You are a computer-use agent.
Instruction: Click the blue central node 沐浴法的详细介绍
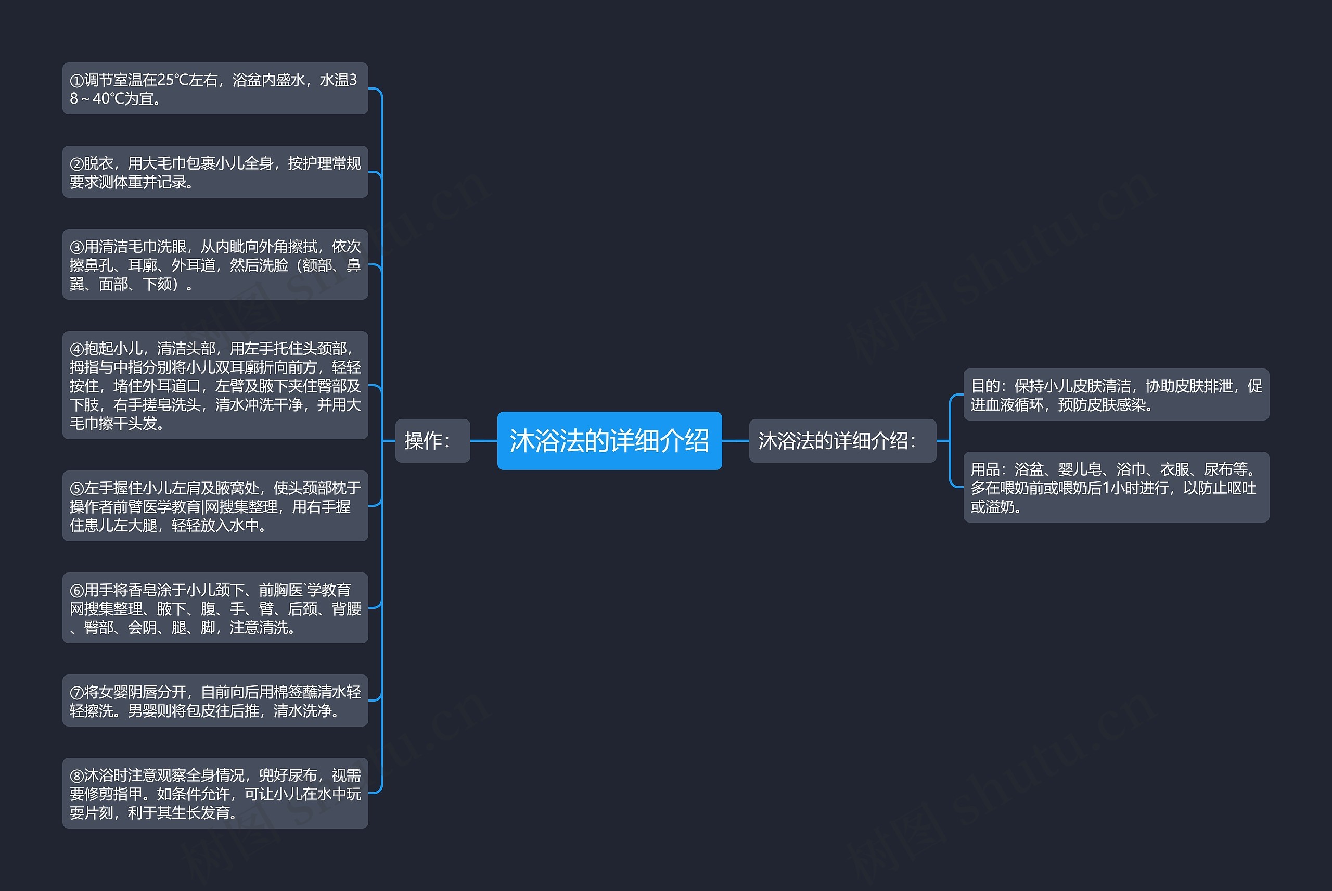[609, 440]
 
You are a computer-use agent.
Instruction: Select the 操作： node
[432, 440]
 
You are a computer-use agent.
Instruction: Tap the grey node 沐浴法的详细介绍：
[842, 440]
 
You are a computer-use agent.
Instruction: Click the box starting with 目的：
[1116, 394]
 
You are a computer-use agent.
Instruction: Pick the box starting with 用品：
[1116, 487]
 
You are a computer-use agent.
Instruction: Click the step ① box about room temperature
[215, 88]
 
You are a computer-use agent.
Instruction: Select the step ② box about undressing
[215, 172]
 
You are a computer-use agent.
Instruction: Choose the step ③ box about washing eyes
[215, 264]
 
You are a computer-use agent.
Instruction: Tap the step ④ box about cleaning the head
[215, 385]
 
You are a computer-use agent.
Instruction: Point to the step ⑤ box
[215, 506]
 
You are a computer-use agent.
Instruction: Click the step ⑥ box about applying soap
[215, 607]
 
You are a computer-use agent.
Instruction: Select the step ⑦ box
[215, 700]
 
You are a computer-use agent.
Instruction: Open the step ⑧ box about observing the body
[215, 793]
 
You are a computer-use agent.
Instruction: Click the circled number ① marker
[76, 81]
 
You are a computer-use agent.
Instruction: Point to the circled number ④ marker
[76, 349]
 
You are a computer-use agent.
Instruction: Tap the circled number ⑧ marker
[76, 775]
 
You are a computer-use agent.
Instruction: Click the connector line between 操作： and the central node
[483, 440]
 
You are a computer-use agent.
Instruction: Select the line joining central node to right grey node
[735, 440]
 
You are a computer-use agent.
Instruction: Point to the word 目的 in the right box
[984, 386]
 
